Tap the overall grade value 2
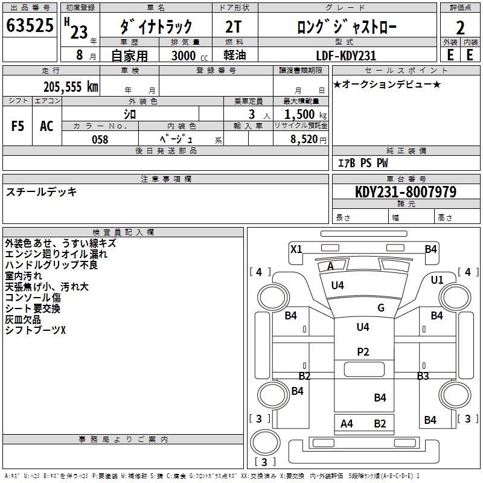pos(460,27)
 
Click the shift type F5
pos(18,126)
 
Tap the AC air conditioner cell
pos(46,126)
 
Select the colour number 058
pos(100,139)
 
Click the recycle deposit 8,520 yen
pos(307,139)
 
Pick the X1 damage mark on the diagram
pos(296,249)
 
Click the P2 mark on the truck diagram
pos(363,352)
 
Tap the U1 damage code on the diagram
pos(437,280)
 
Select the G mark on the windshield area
pos(381,308)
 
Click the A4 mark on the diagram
pos(347,424)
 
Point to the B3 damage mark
pos(423,376)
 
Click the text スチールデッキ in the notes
pos(41,192)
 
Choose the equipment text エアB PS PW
pos(362,163)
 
